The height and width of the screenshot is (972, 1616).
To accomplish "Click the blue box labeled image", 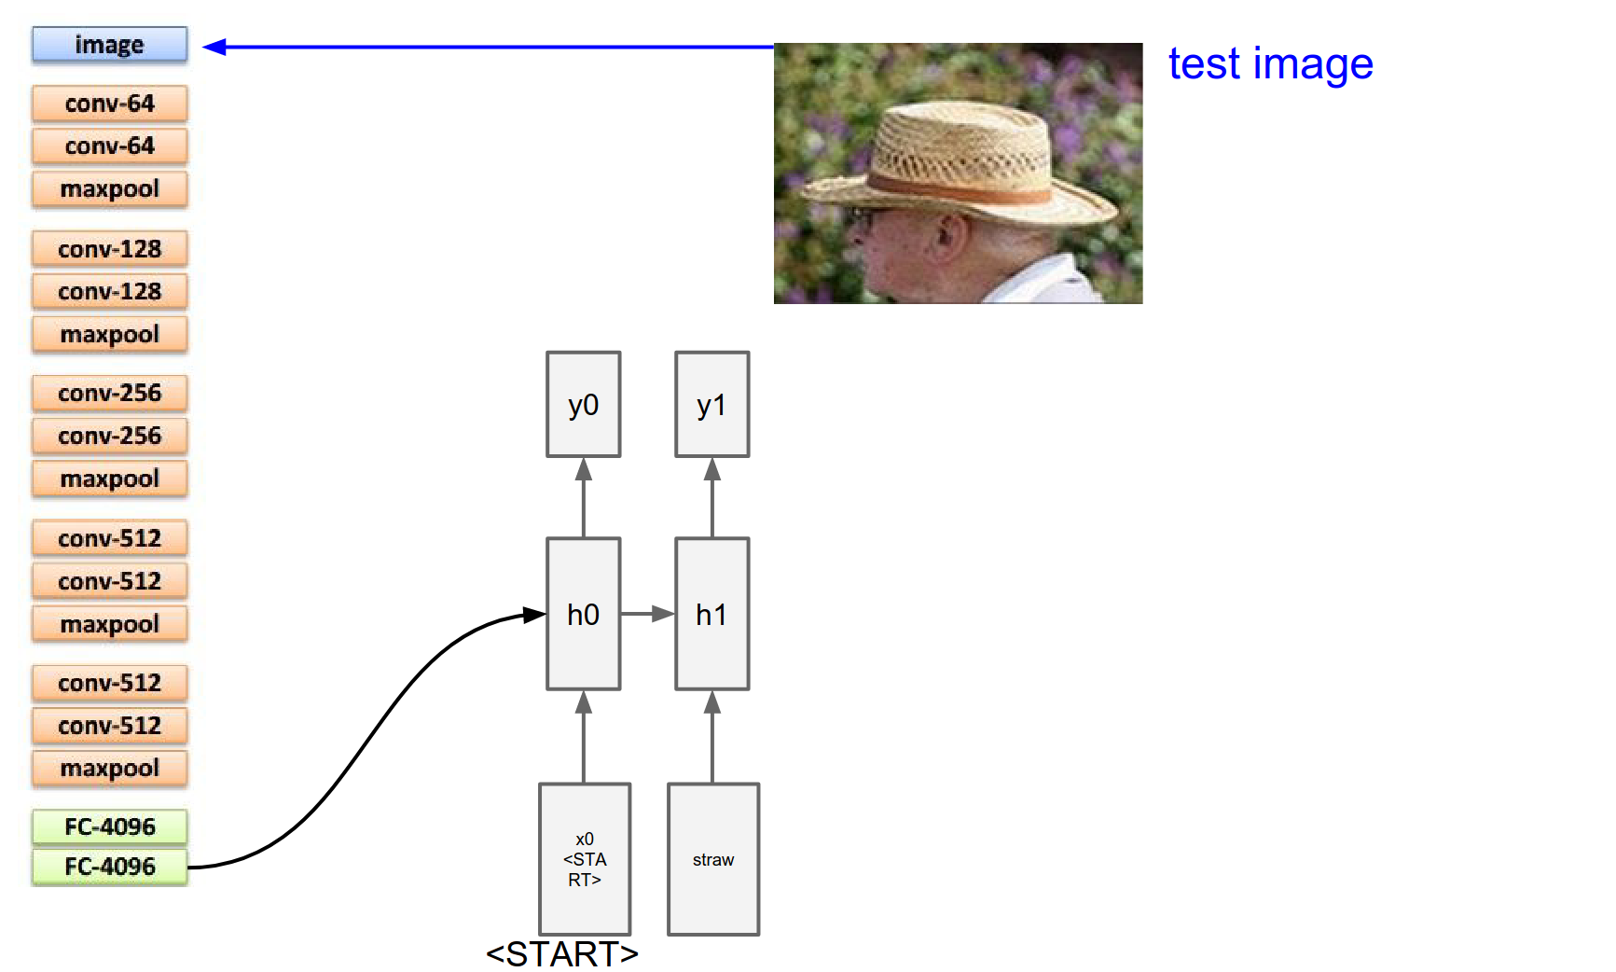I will coord(109,45).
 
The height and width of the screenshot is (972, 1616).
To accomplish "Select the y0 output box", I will coord(583,404).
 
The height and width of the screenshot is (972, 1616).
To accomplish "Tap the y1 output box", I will coord(711,404).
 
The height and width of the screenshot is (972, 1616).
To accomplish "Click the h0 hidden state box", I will coord(583,614).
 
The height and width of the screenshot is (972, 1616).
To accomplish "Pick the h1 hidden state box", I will coord(711,614).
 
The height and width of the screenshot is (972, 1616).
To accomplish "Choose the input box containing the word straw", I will coord(713,859).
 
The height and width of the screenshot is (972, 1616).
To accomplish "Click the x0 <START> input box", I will coord(585,859).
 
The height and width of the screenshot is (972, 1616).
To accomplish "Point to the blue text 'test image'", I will coord(1270,64).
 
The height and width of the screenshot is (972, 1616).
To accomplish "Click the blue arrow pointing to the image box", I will coord(485,47).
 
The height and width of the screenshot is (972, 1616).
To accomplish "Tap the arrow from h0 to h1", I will coord(647,614).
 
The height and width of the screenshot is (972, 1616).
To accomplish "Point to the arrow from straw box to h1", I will coord(712,736).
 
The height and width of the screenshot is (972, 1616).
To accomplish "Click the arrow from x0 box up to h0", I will coord(584,736).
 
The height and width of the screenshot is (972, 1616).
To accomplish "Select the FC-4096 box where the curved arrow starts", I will coord(109,867).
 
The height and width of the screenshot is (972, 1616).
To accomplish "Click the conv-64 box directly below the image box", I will coord(109,104).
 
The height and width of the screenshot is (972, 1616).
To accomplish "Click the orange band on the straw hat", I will coord(960,187).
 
